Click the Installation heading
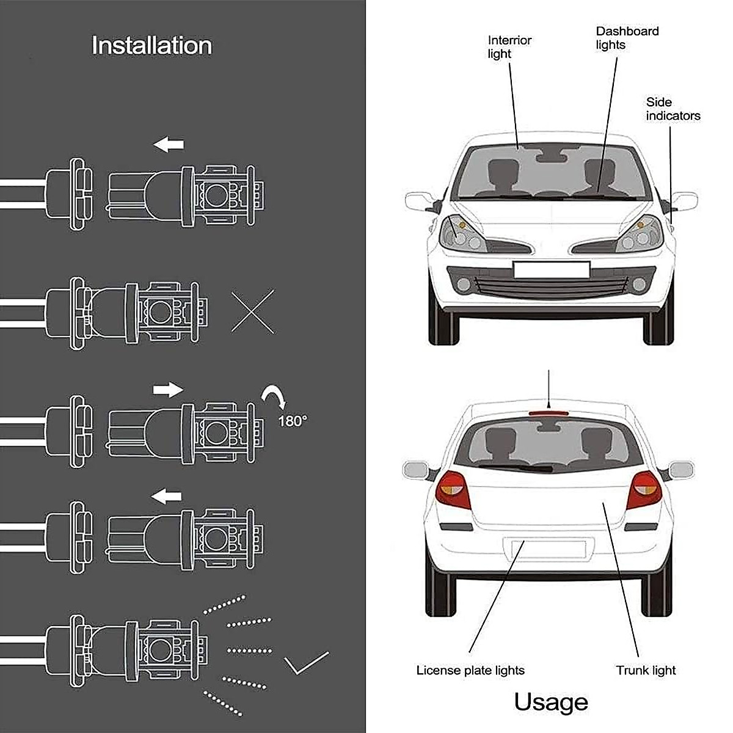point(151,46)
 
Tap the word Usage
point(550,702)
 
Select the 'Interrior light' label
point(509,47)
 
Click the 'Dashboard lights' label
point(627,38)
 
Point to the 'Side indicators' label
point(673,109)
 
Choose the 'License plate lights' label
point(470,670)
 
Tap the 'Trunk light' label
point(646,670)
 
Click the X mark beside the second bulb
point(253,312)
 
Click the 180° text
point(293,421)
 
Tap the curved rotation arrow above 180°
point(274,397)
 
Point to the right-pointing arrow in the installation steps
point(168,389)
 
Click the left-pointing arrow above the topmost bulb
point(169,145)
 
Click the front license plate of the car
point(551,269)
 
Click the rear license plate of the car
point(544,548)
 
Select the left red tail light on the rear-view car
point(453,490)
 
